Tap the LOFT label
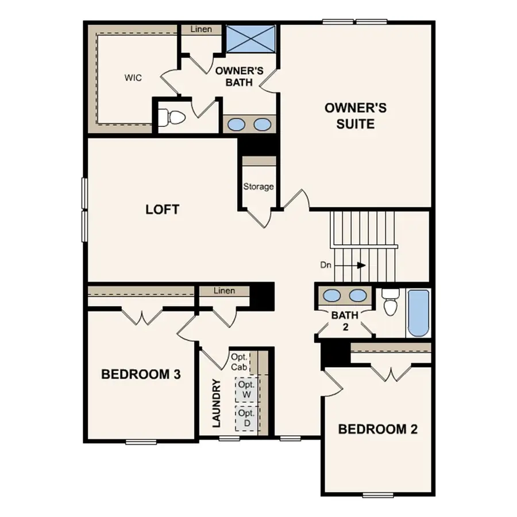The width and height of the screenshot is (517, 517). click(162, 210)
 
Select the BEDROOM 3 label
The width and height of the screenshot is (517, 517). click(141, 375)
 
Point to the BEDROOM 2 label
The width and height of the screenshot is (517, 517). click(377, 429)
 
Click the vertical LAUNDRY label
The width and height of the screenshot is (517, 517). click(217, 403)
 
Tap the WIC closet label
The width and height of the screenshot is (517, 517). click(133, 77)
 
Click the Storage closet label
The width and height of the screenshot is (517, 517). click(258, 187)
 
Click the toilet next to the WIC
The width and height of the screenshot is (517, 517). click(175, 118)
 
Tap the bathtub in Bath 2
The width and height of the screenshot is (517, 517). click(419, 313)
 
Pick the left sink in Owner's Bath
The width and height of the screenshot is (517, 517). click(234, 124)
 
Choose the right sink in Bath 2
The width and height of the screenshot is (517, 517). click(358, 295)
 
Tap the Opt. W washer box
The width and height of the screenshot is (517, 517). click(246, 390)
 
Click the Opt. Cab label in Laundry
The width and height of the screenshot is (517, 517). click(240, 362)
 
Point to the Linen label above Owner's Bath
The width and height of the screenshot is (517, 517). click(201, 29)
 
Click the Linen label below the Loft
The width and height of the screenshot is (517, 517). click(224, 291)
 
